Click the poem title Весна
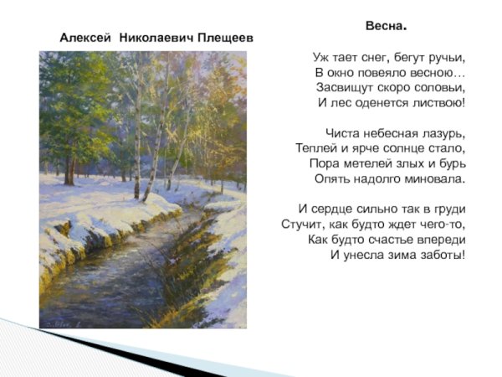click(385, 26)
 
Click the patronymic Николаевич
click(155, 39)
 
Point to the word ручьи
click(444, 58)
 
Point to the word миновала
click(433, 178)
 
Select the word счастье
click(397, 239)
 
